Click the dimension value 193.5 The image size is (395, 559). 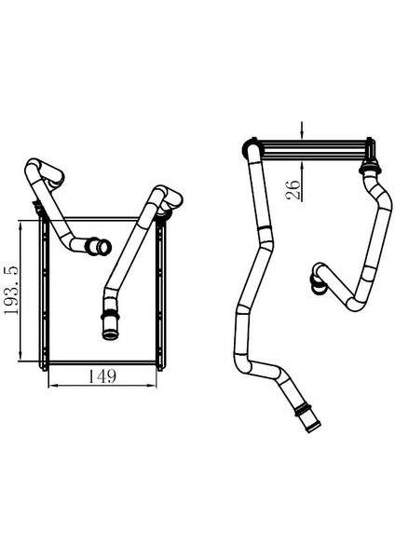[11, 290]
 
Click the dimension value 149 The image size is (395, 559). [102, 376]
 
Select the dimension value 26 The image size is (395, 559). [293, 190]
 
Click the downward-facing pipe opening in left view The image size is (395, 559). [110, 335]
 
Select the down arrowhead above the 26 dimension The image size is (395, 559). [302, 134]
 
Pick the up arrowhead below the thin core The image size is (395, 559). [302, 166]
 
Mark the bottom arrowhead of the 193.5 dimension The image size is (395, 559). [20, 355]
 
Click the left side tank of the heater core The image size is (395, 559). [44, 293]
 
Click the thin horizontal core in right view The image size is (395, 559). [314, 150]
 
